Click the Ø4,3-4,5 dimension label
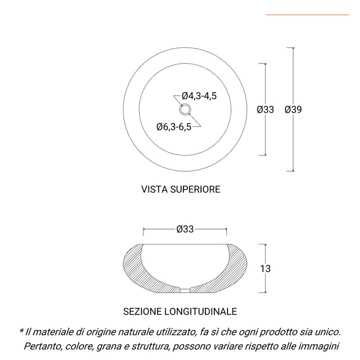coord(199,96)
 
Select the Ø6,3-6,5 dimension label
coord(173,127)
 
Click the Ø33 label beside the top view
coord(265,109)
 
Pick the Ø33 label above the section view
coord(185,229)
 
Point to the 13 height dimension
coord(265,269)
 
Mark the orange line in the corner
coord(307,15)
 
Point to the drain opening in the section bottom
coord(185,290)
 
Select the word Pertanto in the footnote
coord(41,346)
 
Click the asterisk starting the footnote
coord(21,331)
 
